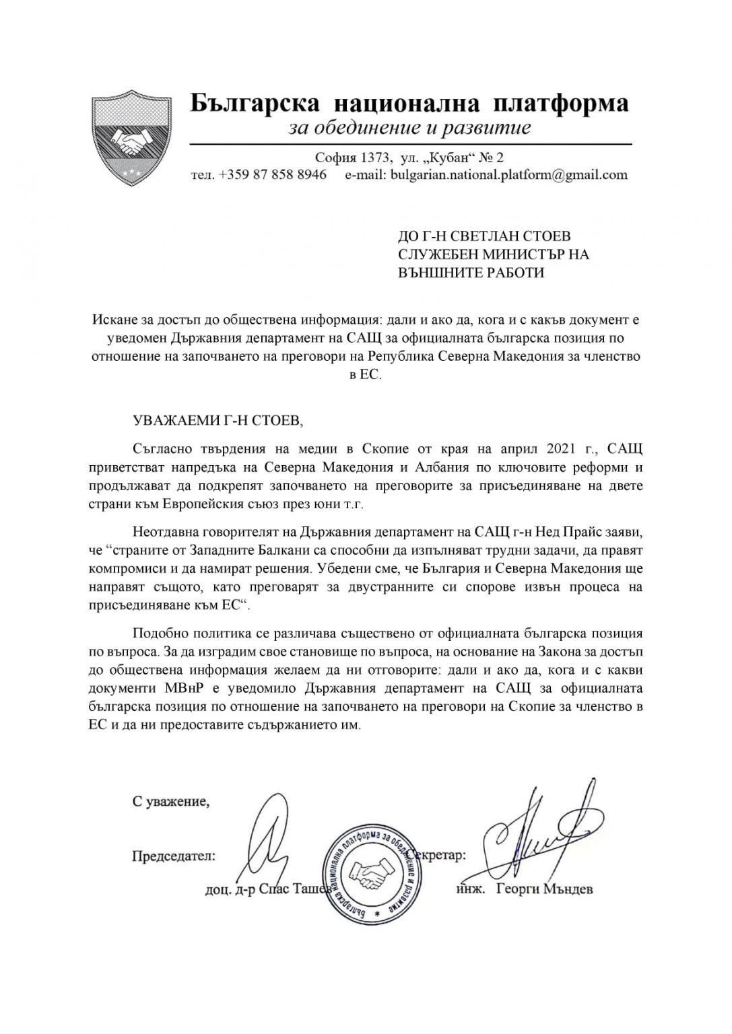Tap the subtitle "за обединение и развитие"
click(409, 127)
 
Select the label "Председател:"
click(174, 856)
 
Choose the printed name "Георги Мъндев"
click(544, 889)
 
